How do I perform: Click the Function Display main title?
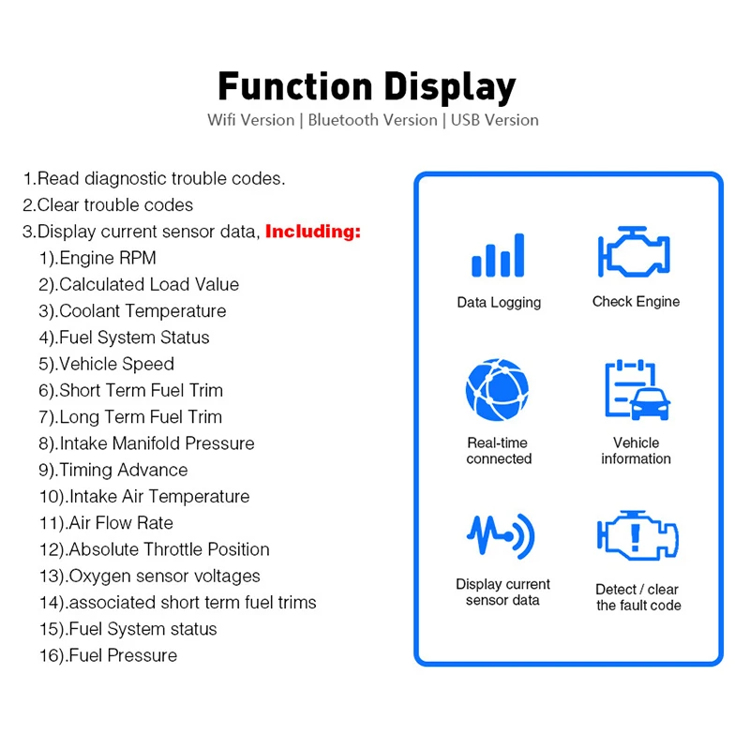tap(367, 87)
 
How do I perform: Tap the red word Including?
tap(313, 232)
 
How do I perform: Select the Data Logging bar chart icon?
tap(498, 254)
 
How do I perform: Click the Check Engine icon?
tap(636, 251)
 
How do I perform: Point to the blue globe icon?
tap(498, 389)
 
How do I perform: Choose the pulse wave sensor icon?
tap(501, 535)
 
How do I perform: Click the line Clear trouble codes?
tap(108, 205)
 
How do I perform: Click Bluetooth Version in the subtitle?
tap(372, 120)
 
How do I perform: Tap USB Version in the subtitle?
tap(495, 120)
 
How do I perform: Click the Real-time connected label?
tap(499, 451)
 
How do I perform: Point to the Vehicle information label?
tap(636, 451)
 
